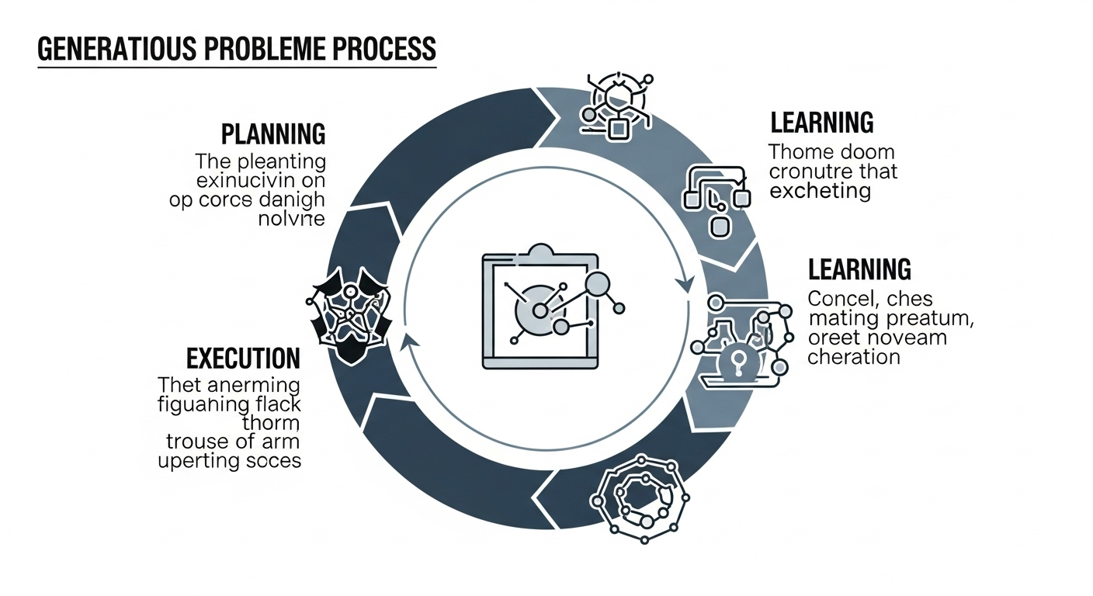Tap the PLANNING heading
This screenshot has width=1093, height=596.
[x=273, y=134]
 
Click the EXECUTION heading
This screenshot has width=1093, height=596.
[x=243, y=359]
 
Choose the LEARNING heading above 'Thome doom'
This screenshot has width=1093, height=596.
[x=822, y=123]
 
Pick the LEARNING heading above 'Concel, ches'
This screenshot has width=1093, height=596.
[x=859, y=269]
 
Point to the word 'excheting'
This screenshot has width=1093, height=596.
[x=820, y=190]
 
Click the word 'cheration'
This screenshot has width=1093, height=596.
[x=853, y=357]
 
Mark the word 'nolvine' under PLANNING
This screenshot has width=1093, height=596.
[x=290, y=219]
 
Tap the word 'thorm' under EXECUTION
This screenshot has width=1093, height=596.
[x=271, y=423]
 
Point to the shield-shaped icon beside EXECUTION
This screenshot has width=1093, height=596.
[x=347, y=316]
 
